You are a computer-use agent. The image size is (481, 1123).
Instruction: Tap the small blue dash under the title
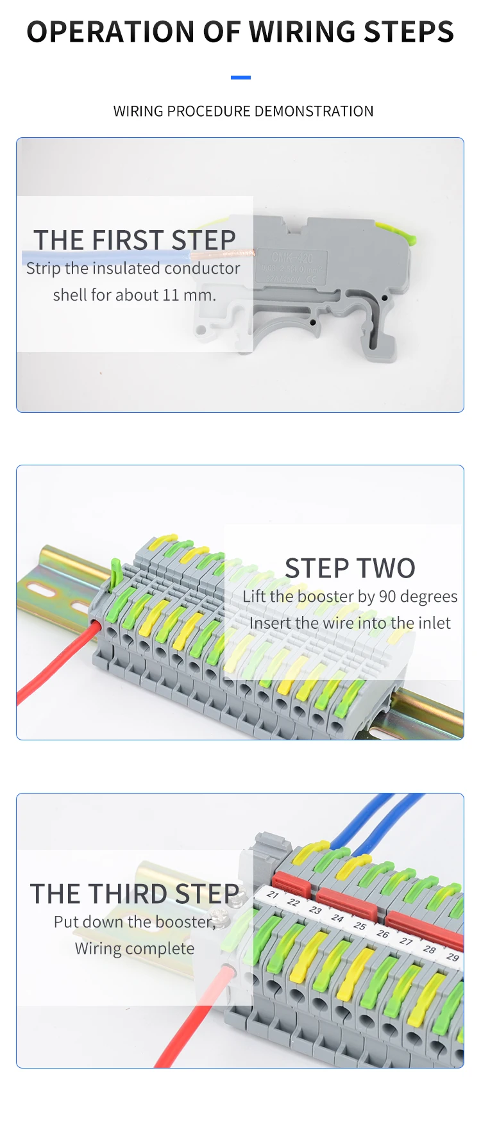[240, 78]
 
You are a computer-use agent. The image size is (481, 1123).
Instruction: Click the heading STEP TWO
[350, 569]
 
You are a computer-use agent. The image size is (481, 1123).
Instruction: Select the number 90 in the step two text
[387, 597]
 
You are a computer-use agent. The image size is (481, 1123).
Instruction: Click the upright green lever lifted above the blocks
[115, 573]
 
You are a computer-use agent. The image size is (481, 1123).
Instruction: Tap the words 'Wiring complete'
[134, 949]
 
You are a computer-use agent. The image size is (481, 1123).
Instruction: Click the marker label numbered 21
[273, 894]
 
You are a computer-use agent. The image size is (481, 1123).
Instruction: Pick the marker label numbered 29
[452, 957]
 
